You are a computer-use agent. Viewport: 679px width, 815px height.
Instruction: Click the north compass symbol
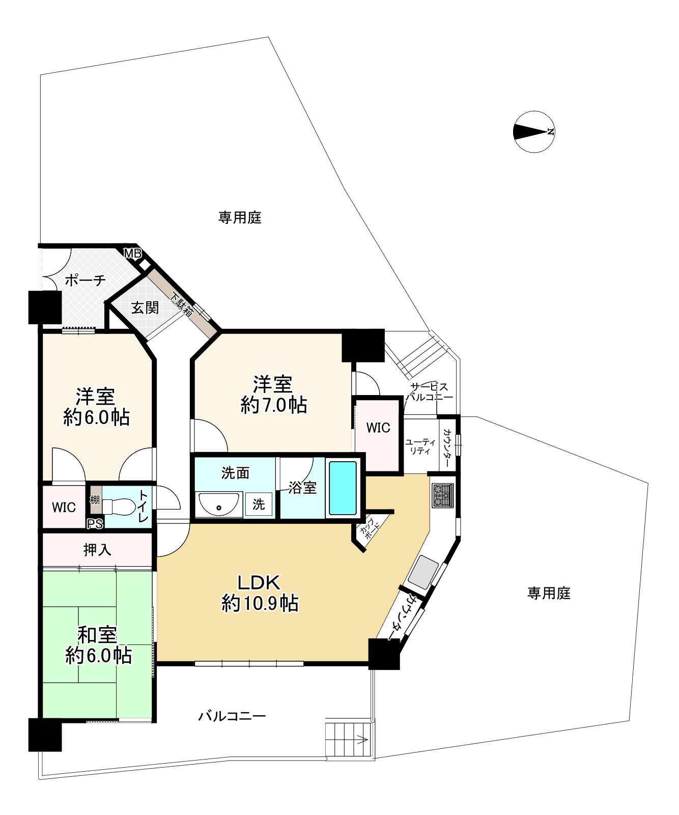click(534, 132)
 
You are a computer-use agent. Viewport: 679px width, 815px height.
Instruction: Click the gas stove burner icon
click(442, 495)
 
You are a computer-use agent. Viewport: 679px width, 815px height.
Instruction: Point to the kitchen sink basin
click(423, 571)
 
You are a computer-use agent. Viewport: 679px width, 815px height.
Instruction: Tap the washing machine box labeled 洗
click(259, 504)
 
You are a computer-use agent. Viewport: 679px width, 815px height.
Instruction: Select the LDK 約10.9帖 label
click(260, 593)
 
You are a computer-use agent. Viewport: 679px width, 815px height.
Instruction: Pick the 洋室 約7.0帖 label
click(273, 395)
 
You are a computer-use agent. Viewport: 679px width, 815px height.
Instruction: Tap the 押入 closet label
click(97, 550)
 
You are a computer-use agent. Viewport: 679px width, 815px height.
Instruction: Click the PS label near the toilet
click(95, 524)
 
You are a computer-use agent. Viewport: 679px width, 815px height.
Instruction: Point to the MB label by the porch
click(133, 254)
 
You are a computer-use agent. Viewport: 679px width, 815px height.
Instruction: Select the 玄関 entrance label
click(145, 307)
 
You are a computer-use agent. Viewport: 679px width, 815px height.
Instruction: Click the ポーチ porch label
click(85, 280)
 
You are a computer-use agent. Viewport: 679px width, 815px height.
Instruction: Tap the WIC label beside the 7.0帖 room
click(378, 428)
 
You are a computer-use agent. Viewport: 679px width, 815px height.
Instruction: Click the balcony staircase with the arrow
click(349, 739)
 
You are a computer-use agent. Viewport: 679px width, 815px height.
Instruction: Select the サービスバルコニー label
click(430, 392)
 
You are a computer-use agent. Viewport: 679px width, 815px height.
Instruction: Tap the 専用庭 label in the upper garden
click(240, 218)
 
